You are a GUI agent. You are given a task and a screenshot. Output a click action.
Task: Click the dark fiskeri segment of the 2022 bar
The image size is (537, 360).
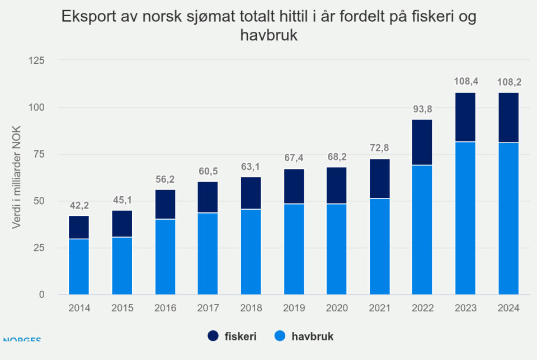(422, 142)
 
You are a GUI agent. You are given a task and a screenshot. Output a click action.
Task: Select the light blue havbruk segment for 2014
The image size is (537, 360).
(79, 266)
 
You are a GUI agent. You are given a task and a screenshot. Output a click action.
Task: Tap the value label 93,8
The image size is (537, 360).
(422, 109)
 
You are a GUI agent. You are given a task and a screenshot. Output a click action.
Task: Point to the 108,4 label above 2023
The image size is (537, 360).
(465, 82)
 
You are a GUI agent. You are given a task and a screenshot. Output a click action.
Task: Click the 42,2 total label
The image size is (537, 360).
(79, 205)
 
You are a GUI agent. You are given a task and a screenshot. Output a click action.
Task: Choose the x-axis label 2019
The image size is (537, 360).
(294, 308)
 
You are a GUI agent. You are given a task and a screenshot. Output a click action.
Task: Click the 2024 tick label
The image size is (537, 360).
(508, 308)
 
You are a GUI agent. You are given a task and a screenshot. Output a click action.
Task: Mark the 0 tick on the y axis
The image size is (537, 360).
(41, 295)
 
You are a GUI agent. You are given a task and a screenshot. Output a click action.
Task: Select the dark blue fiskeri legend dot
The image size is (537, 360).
(214, 336)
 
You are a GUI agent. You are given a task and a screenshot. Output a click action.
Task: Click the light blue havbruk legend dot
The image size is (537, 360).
(281, 336)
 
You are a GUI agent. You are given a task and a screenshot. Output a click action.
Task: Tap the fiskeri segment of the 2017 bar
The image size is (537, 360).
(208, 197)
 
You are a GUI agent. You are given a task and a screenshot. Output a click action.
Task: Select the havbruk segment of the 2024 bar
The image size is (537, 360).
(508, 218)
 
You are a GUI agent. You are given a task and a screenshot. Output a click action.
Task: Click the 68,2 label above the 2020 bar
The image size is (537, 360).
(337, 157)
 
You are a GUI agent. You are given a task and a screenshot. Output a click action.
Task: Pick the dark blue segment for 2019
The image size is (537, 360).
(294, 186)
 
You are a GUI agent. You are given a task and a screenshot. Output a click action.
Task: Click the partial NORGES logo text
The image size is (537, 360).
(21, 339)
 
